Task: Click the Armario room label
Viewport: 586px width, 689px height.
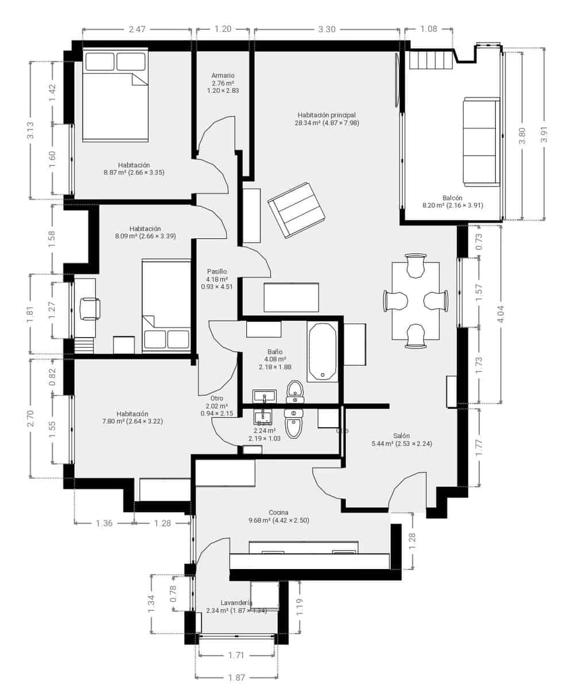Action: click(223, 76)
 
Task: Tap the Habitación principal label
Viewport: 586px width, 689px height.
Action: click(327, 115)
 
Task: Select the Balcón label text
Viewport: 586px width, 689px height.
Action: click(452, 198)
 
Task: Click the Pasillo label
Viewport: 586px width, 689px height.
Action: click(217, 272)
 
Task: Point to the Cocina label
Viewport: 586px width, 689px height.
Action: click(278, 513)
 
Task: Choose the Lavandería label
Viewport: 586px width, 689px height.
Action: click(236, 603)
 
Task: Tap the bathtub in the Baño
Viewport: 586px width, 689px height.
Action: click(322, 351)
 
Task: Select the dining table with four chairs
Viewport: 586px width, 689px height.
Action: click(416, 301)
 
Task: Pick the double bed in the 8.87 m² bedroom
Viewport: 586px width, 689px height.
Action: click(115, 95)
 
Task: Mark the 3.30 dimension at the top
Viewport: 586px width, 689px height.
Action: click(327, 29)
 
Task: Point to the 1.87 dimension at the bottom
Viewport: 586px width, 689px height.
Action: click(236, 678)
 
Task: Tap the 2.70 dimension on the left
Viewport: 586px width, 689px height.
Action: click(31, 417)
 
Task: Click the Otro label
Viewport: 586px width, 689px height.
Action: click(216, 398)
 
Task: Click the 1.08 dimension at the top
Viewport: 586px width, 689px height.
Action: click(429, 29)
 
